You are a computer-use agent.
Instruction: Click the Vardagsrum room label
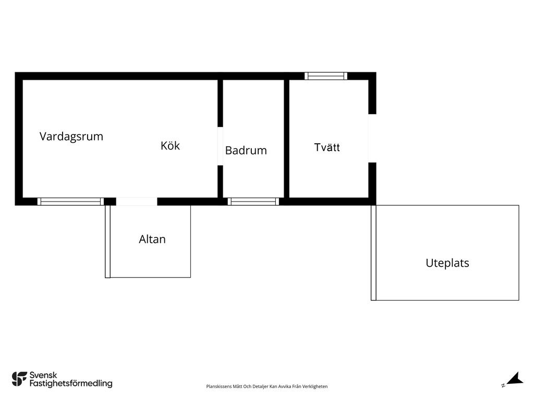pyautogui.click(x=71, y=137)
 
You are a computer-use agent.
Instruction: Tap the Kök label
pyautogui.click(x=171, y=146)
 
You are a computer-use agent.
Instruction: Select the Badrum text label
pyautogui.click(x=246, y=151)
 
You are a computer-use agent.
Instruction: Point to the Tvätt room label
pyautogui.click(x=327, y=147)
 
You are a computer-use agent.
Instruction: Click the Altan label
pyautogui.click(x=152, y=240)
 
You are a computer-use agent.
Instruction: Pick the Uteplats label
pyautogui.click(x=447, y=263)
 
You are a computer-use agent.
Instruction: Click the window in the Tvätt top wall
pyautogui.click(x=326, y=76)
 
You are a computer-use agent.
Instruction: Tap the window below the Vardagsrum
pyautogui.click(x=70, y=202)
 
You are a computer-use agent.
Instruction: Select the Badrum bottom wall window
pyautogui.click(x=253, y=202)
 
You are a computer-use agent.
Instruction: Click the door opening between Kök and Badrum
pyautogui.click(x=221, y=146)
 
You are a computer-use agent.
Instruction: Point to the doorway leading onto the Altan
pyautogui.click(x=137, y=202)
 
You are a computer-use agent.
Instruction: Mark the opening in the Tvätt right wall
pyautogui.click(x=372, y=138)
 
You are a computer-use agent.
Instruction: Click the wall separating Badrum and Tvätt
pyautogui.click(x=286, y=139)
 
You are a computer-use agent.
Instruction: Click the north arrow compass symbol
pyautogui.click(x=513, y=379)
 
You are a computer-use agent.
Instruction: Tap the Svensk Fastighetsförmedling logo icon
pyautogui.click(x=19, y=379)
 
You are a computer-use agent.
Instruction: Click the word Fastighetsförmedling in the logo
pyautogui.click(x=71, y=384)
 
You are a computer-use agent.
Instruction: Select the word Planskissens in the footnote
pyautogui.click(x=219, y=386)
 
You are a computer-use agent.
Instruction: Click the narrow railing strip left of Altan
pyautogui.click(x=107, y=242)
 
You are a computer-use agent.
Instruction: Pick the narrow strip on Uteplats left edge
pyautogui.click(x=373, y=253)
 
